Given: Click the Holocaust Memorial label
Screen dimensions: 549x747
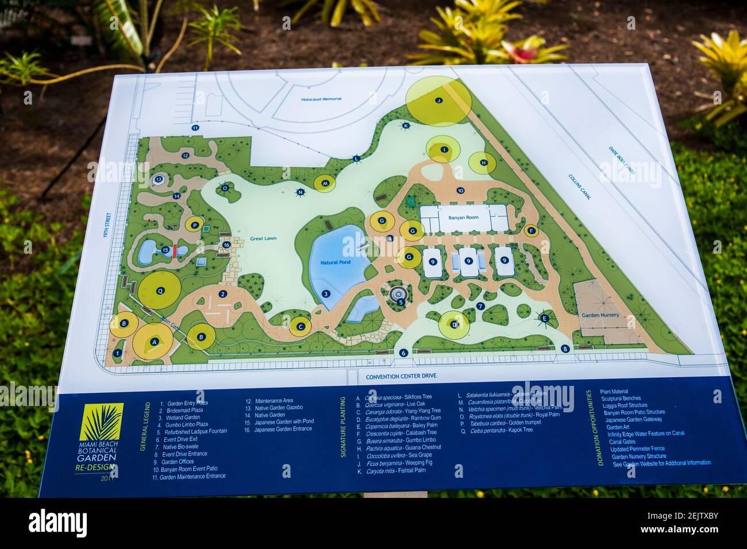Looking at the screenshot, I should [321, 99].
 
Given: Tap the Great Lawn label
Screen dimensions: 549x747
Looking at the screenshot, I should [263, 238].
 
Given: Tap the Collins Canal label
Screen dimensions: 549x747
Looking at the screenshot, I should [580, 187].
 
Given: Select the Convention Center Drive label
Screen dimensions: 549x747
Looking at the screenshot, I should [402, 376].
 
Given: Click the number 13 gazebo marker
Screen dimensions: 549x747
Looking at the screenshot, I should [159, 180].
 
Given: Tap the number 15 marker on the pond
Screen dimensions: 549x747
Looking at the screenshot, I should [165, 250].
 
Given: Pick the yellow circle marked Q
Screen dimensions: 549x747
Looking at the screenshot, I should [160, 291].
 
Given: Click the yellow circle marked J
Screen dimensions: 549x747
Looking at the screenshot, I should [438, 100].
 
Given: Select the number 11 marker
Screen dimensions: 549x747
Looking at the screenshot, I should [195, 127].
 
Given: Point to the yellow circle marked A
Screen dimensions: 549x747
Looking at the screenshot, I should [153, 341].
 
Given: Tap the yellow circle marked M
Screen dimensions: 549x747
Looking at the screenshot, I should [325, 183].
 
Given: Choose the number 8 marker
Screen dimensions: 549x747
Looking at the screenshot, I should [565, 349].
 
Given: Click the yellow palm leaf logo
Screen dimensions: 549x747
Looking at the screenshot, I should [103, 424].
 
